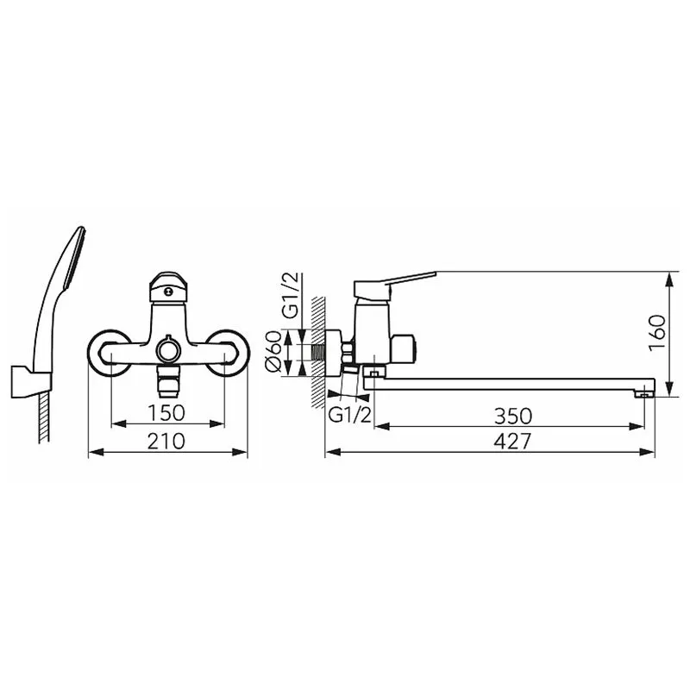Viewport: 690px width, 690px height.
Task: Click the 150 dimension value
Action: point(166,412)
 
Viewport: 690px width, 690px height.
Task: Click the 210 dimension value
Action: point(166,441)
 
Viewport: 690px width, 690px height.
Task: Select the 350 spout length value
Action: point(513,416)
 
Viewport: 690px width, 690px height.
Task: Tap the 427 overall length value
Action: point(512,441)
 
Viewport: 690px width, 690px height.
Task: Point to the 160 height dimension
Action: point(657,332)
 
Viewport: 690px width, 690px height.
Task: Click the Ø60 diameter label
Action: point(273,352)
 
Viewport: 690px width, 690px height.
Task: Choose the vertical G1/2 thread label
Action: point(291,295)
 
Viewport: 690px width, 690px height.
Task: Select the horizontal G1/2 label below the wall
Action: point(350,415)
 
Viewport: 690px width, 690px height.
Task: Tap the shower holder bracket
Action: point(31,381)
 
